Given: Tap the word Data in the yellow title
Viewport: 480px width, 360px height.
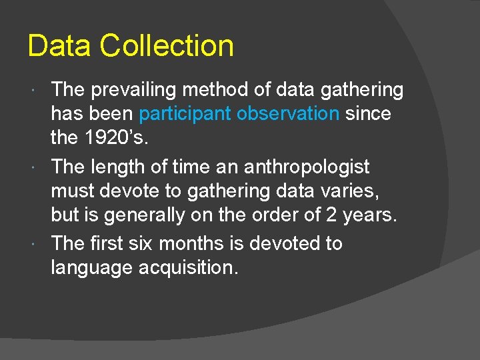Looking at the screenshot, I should [61, 47].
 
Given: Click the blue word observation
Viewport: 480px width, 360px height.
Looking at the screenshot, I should [288, 114].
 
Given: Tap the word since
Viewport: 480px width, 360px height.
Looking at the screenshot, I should [369, 114].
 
